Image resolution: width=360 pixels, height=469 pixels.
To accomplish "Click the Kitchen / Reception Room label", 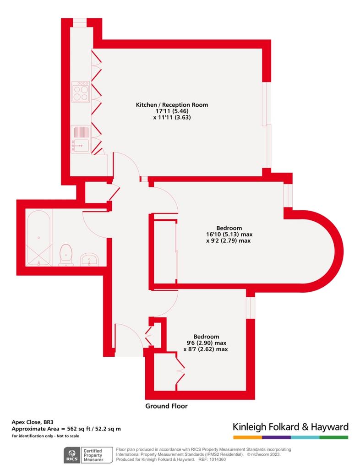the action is (172, 105).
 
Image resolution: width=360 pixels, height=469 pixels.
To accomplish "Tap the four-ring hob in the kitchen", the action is (81, 92).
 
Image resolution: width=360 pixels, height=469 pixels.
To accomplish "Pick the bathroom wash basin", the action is (89, 259).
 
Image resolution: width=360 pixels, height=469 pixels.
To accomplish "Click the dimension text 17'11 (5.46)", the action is (172, 111).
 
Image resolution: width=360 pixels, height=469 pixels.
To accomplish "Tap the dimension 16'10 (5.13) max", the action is (229, 234).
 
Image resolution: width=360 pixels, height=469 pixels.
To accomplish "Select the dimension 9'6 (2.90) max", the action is (206, 343).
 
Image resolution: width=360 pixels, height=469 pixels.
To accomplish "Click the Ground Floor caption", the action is (167, 406).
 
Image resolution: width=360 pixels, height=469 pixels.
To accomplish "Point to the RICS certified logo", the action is (88, 455).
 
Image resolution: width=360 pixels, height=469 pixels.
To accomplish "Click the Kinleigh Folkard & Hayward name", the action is (291, 427).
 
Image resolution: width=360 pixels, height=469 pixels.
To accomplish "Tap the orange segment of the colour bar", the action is (248, 437).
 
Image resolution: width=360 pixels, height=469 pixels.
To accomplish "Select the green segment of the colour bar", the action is (334, 437).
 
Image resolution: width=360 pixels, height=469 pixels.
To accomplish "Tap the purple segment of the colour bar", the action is (276, 437).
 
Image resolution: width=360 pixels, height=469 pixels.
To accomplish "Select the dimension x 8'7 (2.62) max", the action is (206, 349).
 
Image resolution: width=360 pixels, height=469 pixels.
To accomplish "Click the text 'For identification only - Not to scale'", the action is (45, 436).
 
